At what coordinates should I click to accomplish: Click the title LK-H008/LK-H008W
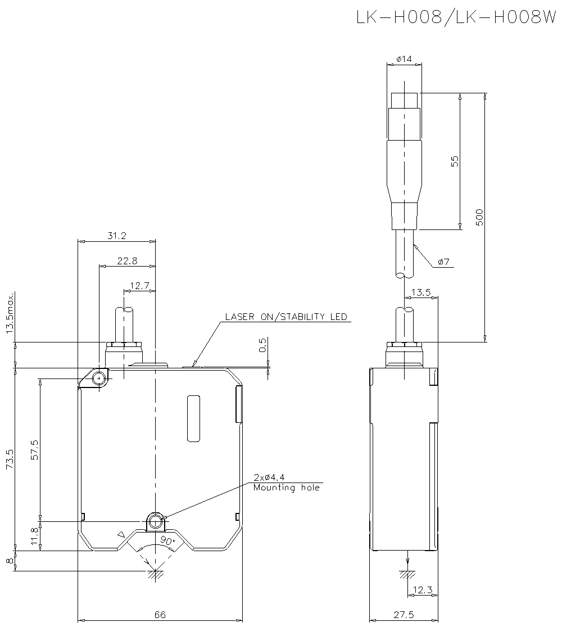[x=455, y=18]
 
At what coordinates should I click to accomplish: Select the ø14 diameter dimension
[x=404, y=58]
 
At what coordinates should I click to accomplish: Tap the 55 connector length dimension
[x=456, y=161]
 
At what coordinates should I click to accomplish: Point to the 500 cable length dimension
[x=479, y=217]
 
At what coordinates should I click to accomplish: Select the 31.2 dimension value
[x=117, y=236]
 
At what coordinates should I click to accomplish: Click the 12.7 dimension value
[x=139, y=286]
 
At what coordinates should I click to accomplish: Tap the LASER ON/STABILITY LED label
[x=286, y=317]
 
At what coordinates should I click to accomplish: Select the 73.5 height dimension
[x=10, y=459]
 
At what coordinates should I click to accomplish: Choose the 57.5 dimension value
[x=34, y=450]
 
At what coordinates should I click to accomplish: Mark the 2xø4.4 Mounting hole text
[x=286, y=483]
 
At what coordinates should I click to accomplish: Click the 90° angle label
[x=167, y=540]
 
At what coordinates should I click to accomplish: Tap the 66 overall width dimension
[x=160, y=615]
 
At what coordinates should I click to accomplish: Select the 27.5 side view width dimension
[x=404, y=615]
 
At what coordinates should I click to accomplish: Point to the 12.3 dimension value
[x=422, y=589]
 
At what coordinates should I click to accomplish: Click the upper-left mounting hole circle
[x=99, y=378]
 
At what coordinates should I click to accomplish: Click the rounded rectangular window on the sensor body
[x=193, y=418]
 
